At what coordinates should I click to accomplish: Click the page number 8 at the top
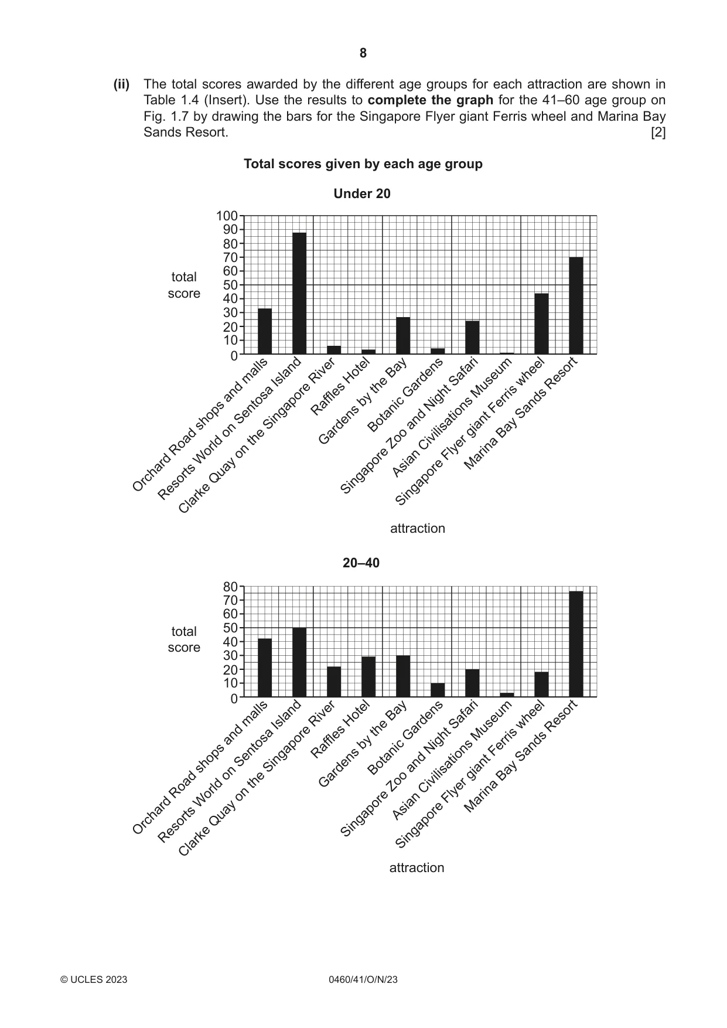(x=363, y=53)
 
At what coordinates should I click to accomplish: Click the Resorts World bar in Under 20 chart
(x=299, y=293)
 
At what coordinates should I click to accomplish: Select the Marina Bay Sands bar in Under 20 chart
(x=576, y=305)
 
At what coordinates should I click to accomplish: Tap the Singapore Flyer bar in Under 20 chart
(x=541, y=324)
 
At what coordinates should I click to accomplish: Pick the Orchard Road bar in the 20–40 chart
(x=265, y=668)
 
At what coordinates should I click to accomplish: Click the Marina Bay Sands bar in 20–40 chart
(x=576, y=644)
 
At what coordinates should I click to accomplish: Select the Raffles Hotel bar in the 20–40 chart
(x=368, y=677)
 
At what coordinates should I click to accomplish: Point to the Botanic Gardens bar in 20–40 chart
(x=438, y=690)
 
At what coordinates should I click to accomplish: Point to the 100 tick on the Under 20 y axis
(x=227, y=216)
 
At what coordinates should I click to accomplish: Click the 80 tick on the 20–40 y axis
(x=230, y=587)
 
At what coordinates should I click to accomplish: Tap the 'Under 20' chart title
(x=362, y=193)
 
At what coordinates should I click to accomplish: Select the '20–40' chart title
(x=361, y=563)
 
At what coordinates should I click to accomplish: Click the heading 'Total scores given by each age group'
(x=363, y=164)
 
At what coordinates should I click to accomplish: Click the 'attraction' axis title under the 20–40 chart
(x=417, y=868)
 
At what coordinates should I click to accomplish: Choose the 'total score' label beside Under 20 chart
(x=184, y=285)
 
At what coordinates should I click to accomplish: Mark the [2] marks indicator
(x=658, y=132)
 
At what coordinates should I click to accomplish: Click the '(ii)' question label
(x=121, y=84)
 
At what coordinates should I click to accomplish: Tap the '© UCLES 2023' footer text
(x=94, y=979)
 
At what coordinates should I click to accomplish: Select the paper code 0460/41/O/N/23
(x=363, y=979)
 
